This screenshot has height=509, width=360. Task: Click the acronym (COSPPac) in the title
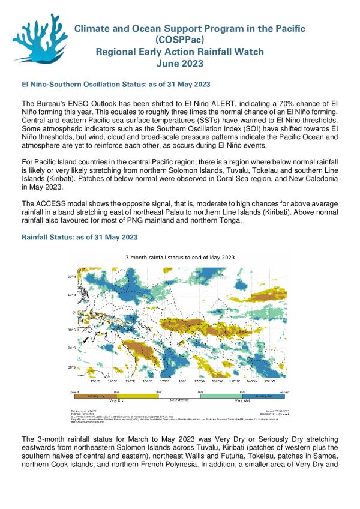[180, 40]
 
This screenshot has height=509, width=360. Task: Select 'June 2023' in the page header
[180, 64]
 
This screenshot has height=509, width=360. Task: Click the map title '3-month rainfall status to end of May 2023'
[180, 257]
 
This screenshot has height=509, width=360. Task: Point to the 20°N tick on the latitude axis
[71, 277]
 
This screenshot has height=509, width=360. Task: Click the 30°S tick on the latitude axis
[71, 367]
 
